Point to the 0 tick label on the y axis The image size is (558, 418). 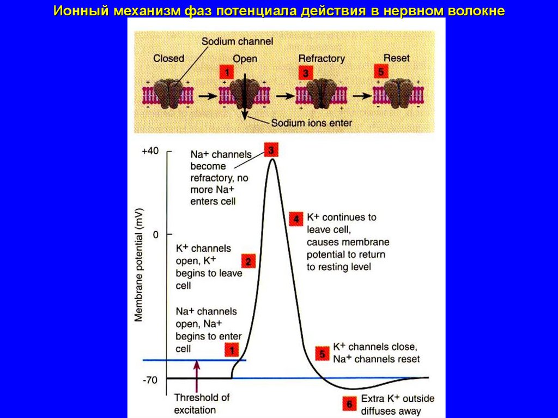pyautogui.click(x=155, y=235)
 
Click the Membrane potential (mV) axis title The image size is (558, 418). pyautogui.click(x=139, y=264)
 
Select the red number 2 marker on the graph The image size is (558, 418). pyautogui.click(x=248, y=261)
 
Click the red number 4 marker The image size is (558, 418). pyautogui.click(x=296, y=219)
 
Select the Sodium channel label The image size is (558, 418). pyautogui.click(x=237, y=41)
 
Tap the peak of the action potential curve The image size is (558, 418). pyautogui.click(x=272, y=159)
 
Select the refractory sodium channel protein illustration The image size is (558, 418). pyautogui.click(x=322, y=93)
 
